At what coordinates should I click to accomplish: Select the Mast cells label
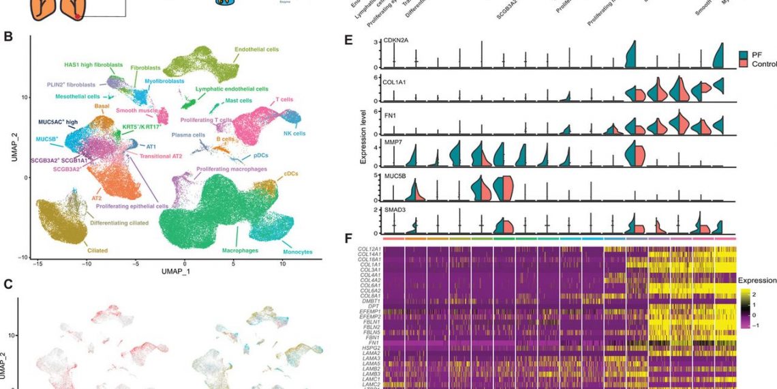pos(242,100)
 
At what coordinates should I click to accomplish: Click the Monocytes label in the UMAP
pos(298,252)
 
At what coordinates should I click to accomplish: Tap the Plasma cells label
pos(188,135)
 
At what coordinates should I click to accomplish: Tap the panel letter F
pos(348,240)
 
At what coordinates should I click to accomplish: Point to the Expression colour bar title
pos(757,280)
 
